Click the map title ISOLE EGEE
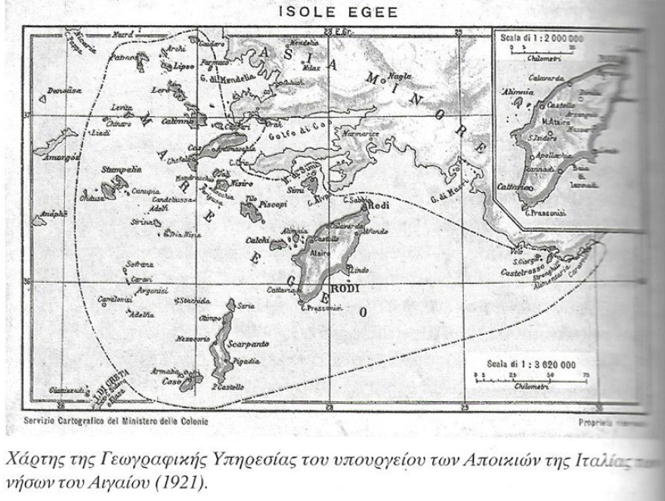[x=332, y=13]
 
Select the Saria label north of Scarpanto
[x=245, y=307]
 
